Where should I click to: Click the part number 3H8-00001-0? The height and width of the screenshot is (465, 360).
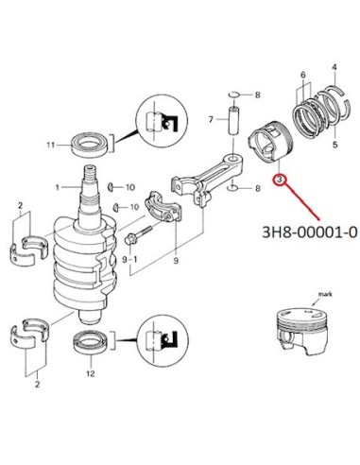click(x=310, y=232)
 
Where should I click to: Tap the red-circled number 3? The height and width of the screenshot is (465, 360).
click(x=280, y=181)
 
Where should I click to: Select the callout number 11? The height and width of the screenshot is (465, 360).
click(x=51, y=145)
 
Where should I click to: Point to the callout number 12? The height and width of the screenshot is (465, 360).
click(x=91, y=373)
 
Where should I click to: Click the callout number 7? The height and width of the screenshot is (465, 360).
click(x=211, y=119)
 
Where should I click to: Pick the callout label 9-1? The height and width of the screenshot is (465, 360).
click(x=129, y=260)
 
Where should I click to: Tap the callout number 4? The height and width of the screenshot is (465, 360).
click(x=334, y=67)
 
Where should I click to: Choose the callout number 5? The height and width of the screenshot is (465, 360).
click(x=335, y=145)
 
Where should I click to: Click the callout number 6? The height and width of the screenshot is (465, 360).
click(x=303, y=75)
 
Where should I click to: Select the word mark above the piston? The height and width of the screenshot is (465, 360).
click(x=325, y=294)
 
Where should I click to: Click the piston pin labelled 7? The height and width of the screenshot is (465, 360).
click(x=233, y=122)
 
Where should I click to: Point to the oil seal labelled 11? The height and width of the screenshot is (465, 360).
click(x=91, y=145)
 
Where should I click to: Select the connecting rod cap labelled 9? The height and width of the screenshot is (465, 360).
click(x=163, y=206)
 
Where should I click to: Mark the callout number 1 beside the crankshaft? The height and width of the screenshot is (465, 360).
click(x=58, y=187)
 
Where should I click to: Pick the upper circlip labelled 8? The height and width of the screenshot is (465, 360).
click(x=234, y=95)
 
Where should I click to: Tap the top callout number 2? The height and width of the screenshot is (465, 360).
click(x=21, y=206)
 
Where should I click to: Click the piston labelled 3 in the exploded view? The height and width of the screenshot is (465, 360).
click(x=270, y=142)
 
